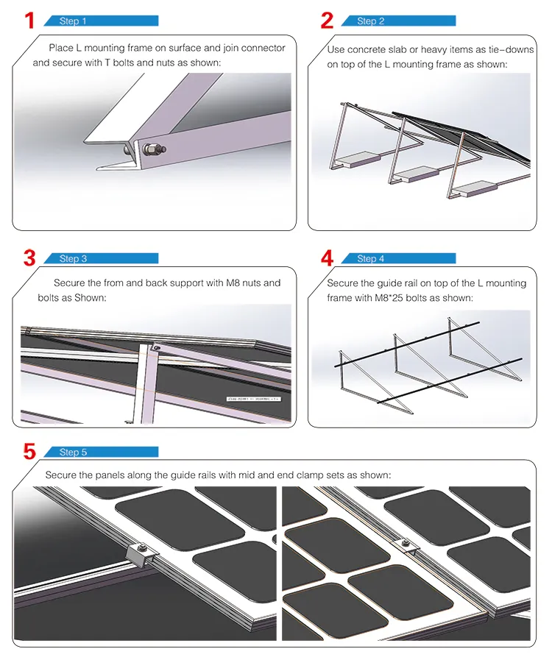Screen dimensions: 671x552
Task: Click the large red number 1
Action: tap(29, 20)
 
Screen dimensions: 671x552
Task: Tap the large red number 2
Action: tap(327, 20)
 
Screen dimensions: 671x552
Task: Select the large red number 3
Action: tap(29, 258)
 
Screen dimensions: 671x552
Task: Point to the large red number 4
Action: tap(327, 258)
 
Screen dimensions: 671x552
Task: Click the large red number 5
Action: tap(29, 451)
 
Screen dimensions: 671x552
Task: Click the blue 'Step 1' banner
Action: tap(101, 21)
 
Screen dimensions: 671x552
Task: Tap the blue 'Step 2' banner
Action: tap(398, 21)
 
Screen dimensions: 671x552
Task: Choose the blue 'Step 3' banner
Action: tap(101, 259)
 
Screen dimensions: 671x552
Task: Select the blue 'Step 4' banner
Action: tap(398, 259)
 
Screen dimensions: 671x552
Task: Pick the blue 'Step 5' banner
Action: tap(101, 452)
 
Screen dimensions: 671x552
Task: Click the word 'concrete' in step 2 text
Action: tap(365, 49)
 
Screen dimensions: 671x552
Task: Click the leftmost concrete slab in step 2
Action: tap(358, 158)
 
